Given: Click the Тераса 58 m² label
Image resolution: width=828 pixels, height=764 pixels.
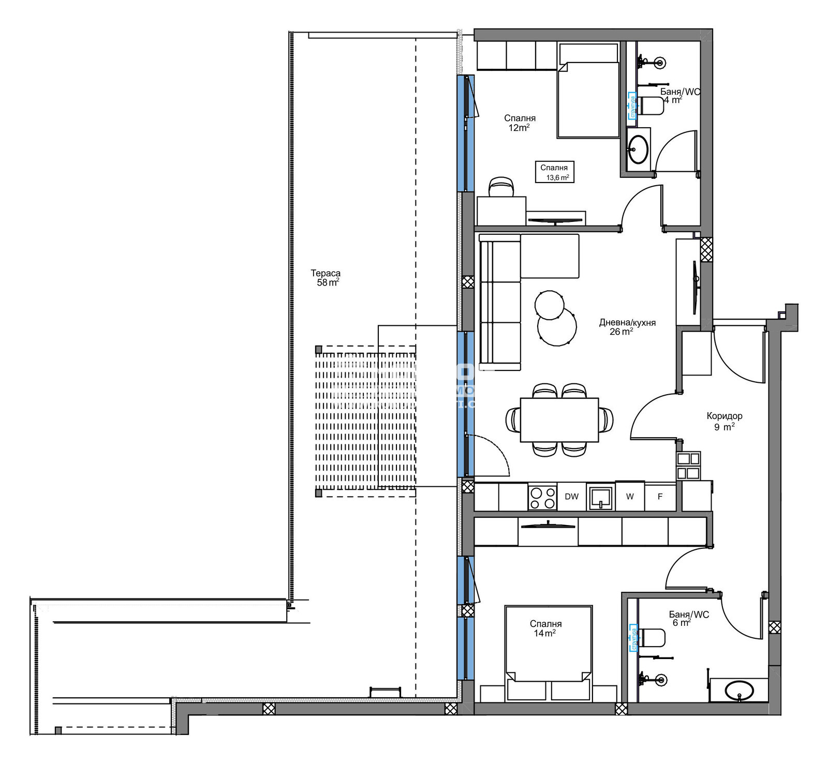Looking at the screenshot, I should [x=326, y=278].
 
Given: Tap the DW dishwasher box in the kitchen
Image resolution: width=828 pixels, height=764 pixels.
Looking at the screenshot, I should [x=571, y=497].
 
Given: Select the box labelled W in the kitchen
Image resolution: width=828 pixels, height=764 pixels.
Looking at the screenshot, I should [x=630, y=497].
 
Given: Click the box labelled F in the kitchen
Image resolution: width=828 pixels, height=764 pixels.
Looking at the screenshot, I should [x=660, y=497].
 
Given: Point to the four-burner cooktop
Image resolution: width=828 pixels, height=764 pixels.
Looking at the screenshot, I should [x=542, y=497].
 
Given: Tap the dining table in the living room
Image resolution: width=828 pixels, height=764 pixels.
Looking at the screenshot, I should [x=559, y=420].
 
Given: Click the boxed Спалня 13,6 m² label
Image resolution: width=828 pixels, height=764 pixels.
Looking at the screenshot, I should [x=554, y=172].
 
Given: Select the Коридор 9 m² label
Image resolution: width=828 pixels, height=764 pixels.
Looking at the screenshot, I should [x=724, y=421].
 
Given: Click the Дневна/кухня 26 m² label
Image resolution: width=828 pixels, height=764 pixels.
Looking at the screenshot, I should [x=627, y=327].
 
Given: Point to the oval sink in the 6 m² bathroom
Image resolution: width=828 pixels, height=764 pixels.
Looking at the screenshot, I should [x=740, y=690].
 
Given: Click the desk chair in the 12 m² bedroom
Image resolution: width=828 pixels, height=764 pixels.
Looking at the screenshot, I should [x=501, y=187].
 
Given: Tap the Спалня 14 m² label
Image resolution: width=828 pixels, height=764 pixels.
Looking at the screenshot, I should [x=545, y=628].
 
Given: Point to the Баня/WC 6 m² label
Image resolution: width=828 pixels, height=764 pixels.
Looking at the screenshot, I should [x=688, y=618].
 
